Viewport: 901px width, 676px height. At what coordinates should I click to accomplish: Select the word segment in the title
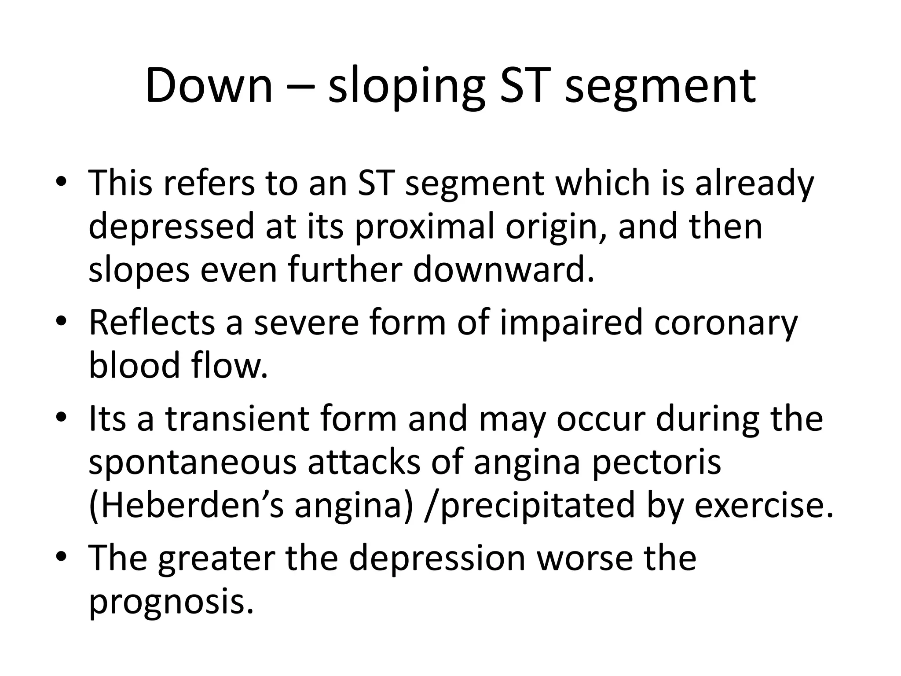660,87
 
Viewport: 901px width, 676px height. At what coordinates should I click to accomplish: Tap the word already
754,184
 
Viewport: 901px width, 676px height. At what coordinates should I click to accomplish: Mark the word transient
237,419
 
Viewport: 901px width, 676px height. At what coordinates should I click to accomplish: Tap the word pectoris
656,463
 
